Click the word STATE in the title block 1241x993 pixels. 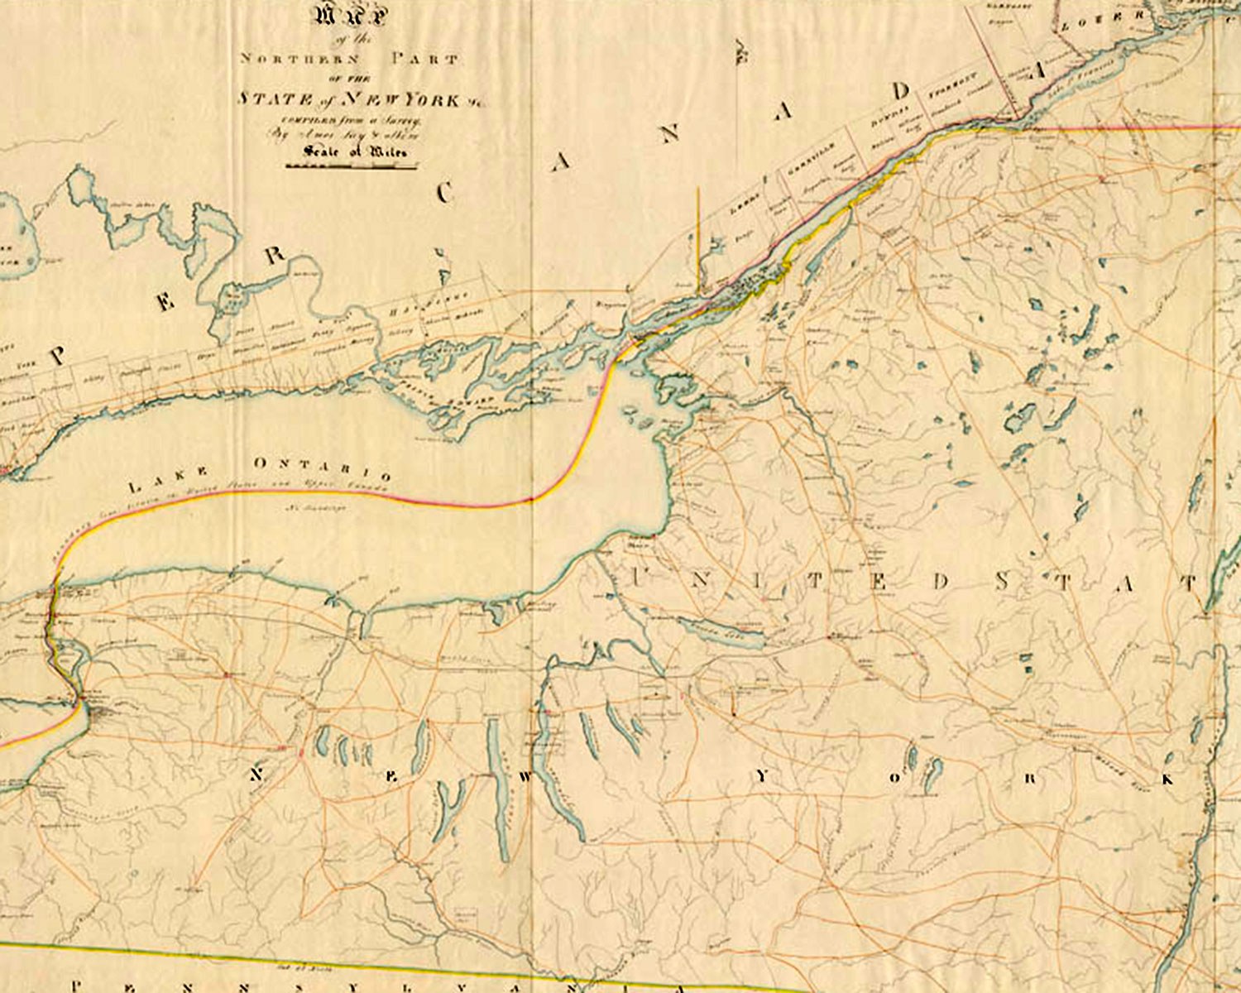264,98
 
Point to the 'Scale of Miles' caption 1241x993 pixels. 355,151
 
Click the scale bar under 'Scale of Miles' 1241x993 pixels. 351,166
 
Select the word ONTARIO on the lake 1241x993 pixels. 322,469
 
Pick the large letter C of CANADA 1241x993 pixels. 445,193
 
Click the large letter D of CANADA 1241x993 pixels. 900,91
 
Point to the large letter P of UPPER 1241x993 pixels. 57,356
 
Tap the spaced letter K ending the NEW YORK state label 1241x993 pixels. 1167,779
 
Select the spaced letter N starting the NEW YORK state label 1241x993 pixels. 256,775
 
